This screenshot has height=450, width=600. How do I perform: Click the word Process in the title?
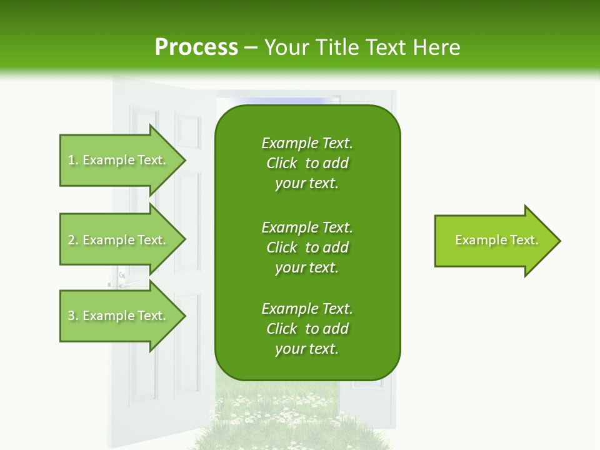(196, 47)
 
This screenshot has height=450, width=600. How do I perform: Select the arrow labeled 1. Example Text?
(119, 160)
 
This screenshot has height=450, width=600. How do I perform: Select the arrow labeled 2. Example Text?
(119, 240)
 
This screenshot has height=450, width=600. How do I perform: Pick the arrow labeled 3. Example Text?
(119, 316)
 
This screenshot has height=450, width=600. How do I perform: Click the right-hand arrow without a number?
(494, 241)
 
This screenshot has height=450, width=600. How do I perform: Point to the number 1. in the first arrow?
(73, 160)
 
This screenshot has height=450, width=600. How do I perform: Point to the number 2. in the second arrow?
(73, 240)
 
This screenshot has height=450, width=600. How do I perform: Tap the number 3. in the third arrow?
(73, 316)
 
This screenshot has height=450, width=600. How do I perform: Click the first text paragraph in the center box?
(307, 163)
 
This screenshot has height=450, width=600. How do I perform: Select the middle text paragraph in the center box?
(307, 247)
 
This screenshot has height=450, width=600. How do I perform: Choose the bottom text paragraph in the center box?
(307, 329)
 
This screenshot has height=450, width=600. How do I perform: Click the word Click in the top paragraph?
(281, 163)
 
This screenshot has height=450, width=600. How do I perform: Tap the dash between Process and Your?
(251, 47)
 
